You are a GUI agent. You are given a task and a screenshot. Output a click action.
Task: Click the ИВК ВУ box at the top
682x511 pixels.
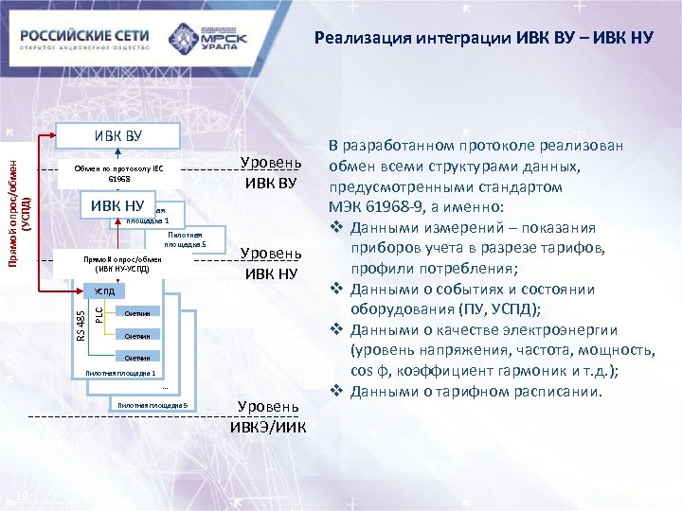117,135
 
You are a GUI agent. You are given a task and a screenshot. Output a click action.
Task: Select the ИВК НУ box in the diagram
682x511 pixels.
117,206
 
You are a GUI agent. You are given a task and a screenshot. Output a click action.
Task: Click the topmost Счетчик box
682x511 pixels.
136,313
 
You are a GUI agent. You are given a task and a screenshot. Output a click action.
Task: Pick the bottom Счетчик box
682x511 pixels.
136,357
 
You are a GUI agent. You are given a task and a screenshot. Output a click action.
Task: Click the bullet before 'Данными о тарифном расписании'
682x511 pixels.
336,391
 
